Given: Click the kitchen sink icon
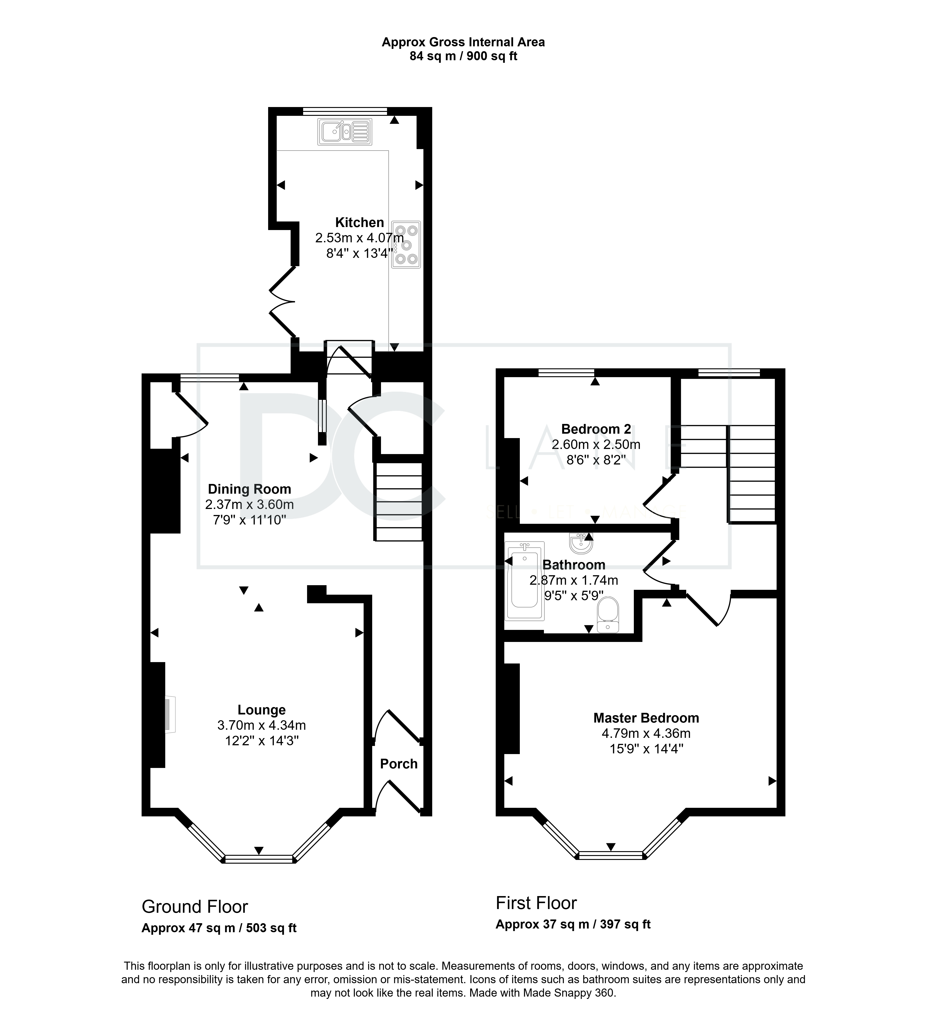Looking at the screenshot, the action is tap(345, 132).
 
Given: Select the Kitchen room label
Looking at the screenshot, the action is tap(360, 222).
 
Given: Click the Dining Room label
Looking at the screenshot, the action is tap(249, 489).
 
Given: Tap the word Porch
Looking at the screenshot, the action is tap(399, 764).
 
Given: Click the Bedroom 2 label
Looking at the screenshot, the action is tap(596, 429).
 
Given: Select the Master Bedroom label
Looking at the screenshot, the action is tap(646, 718).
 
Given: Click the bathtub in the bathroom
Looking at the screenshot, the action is tap(525, 581).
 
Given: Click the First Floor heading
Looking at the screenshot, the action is tap(536, 903).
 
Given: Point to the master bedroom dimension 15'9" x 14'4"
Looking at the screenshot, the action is tap(646, 749).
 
